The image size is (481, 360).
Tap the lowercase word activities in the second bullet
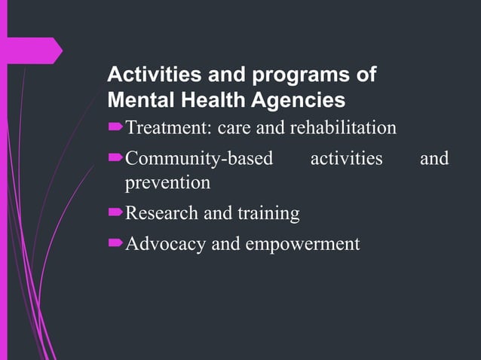(346, 159)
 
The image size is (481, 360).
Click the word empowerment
(301, 244)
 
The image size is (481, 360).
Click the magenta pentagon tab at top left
(33, 50)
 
